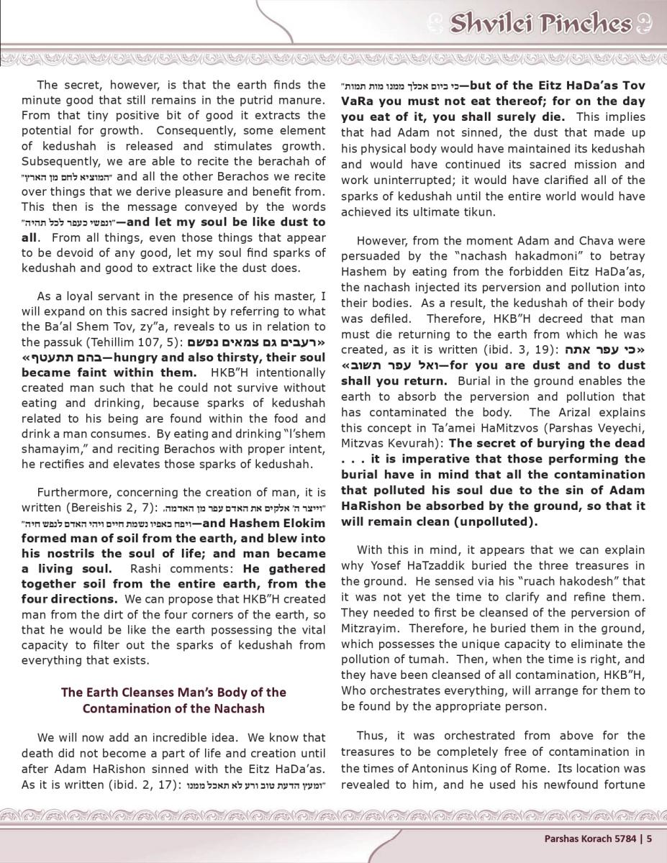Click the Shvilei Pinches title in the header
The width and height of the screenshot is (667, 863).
coord(540,24)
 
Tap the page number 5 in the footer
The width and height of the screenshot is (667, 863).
coord(649,837)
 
